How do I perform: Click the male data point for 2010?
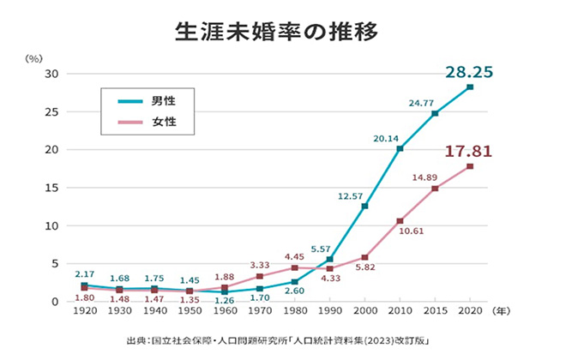point(400,148)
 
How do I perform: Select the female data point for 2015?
point(435,189)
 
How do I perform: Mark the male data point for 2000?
point(364,206)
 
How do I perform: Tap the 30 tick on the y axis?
point(51,74)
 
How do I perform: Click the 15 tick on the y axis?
point(51,188)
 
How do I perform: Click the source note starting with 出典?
point(283,340)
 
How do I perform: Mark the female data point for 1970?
point(259,276)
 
